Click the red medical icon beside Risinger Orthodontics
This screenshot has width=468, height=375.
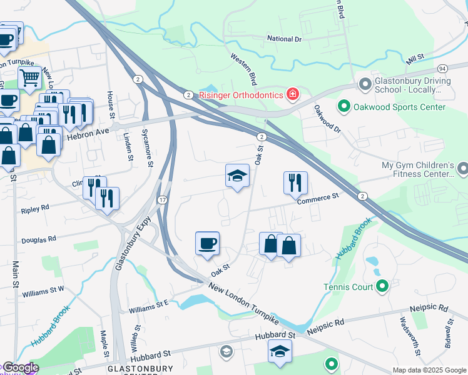292,95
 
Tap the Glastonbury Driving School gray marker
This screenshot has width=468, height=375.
364,84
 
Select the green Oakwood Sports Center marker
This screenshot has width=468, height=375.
343,107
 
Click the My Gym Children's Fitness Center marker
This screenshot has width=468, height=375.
462,168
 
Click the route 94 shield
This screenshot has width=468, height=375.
442,67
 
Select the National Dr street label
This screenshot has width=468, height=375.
284,39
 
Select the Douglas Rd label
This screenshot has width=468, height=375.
39,238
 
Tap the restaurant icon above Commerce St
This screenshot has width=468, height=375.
295,182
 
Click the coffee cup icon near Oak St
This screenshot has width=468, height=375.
207,243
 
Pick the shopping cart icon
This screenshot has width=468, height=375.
29,78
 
